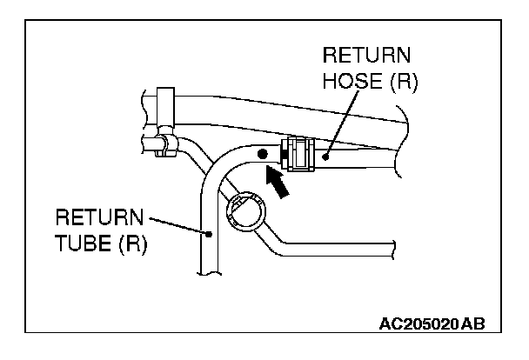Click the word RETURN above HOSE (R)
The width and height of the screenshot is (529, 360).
(365, 57)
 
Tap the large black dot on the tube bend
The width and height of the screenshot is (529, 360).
(262, 154)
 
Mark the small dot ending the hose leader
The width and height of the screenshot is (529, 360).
(325, 157)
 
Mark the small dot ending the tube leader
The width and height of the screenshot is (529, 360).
(208, 233)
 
